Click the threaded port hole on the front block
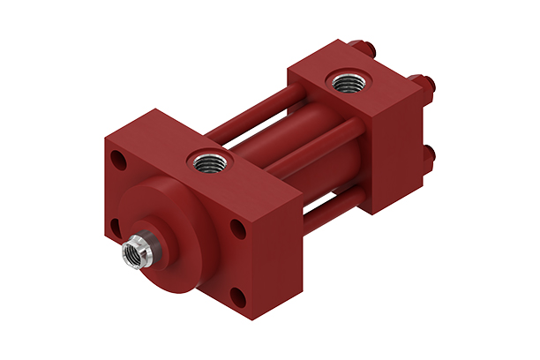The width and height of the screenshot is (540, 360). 209,161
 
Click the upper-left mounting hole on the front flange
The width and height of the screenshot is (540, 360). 116,160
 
